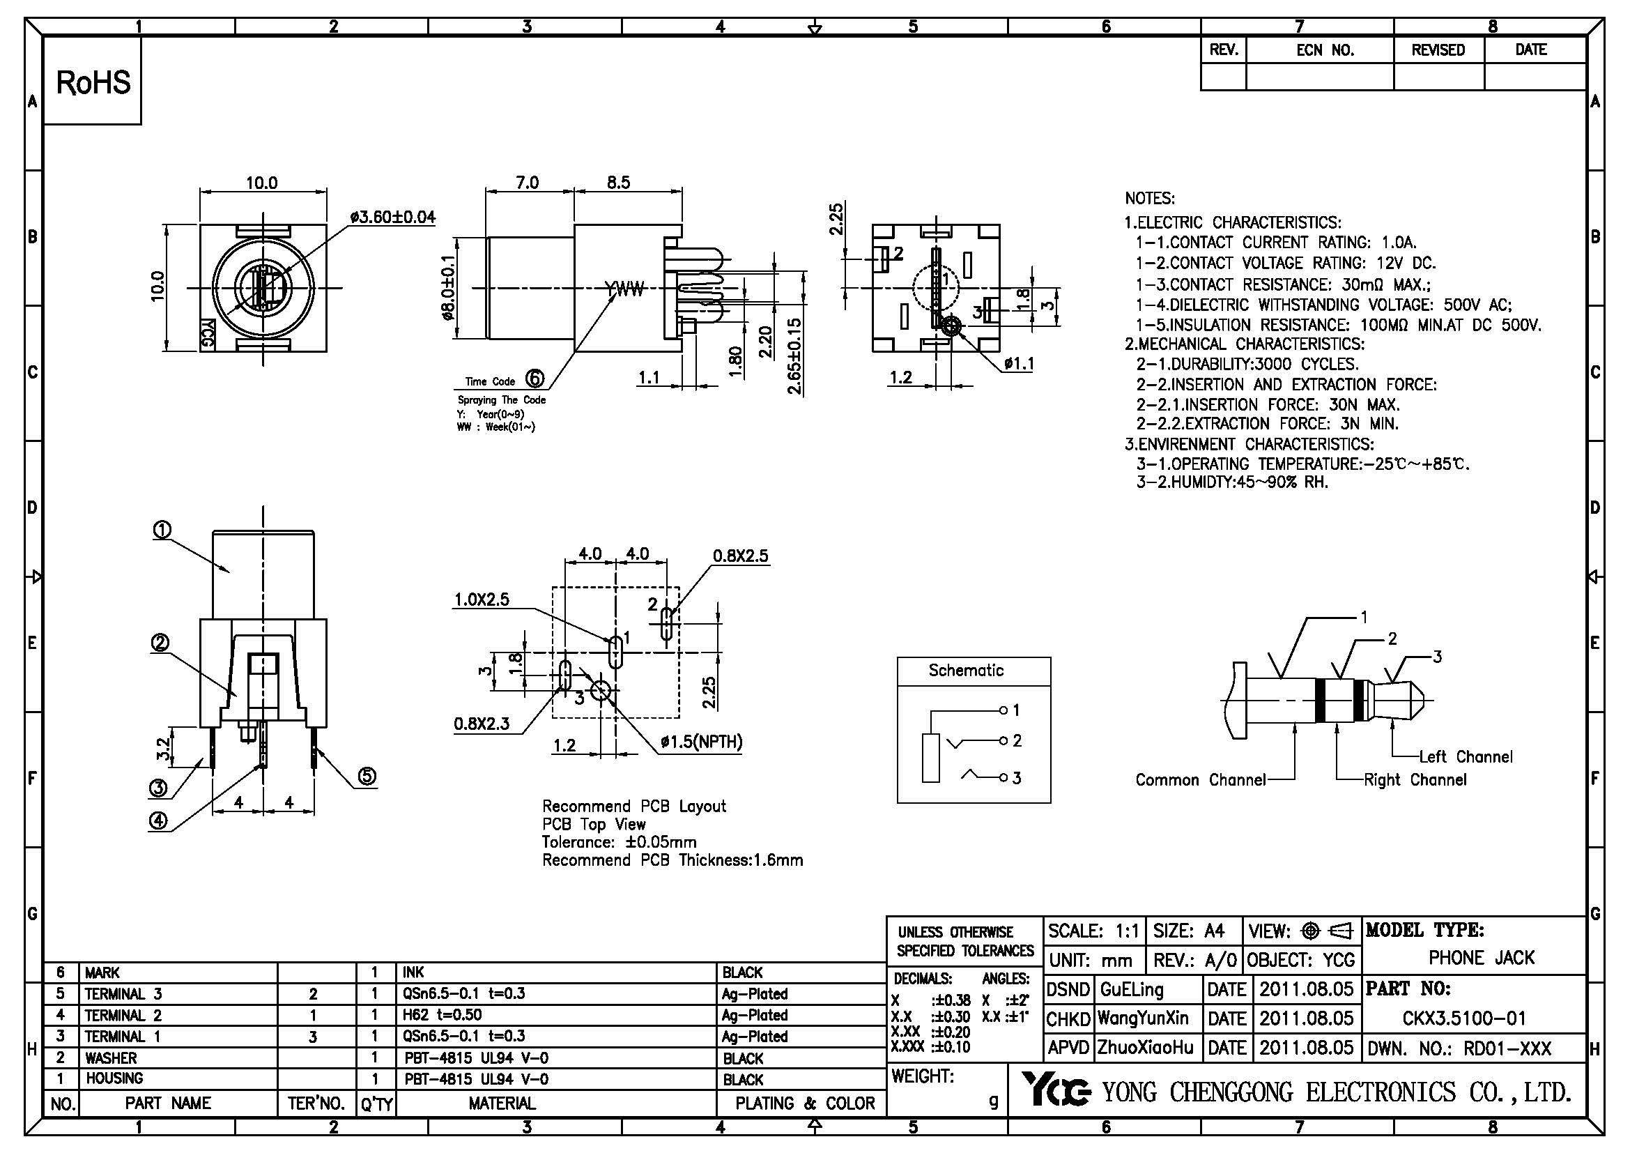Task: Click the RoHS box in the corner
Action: point(93,82)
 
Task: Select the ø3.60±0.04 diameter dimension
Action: point(392,217)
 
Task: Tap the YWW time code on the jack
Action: point(624,289)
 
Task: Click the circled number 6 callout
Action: point(535,379)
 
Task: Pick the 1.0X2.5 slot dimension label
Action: point(482,600)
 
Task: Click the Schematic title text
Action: point(965,670)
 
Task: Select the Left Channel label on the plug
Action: point(1466,757)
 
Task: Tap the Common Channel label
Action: point(1200,779)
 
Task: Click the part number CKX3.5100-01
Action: point(1464,1018)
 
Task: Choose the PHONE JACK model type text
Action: point(1481,958)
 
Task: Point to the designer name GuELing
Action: point(1131,989)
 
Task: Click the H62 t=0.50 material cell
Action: point(443,1015)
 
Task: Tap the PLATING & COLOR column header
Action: point(804,1104)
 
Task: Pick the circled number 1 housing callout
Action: point(162,530)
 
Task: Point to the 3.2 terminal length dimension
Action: point(162,747)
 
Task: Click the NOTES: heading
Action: point(1149,198)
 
